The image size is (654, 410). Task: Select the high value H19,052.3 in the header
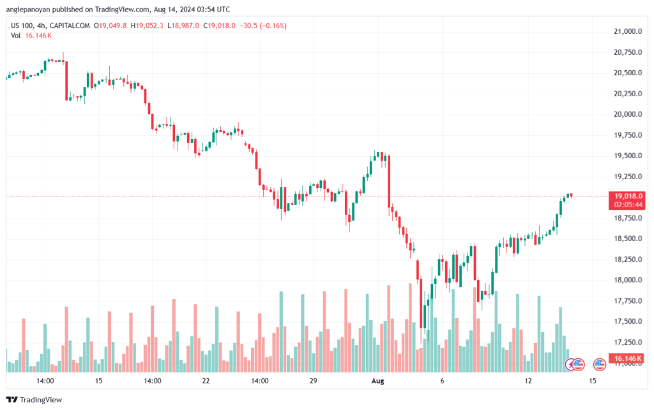pos(148,26)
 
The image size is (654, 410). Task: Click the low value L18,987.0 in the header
pos(184,26)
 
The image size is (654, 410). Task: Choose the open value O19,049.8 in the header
pos(110,26)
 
